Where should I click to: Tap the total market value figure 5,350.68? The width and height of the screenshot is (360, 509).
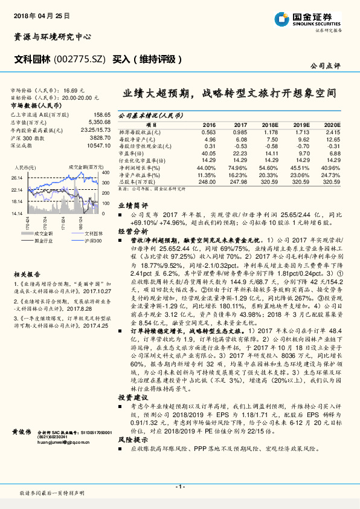(99, 122)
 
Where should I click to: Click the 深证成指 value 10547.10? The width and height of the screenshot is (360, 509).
(98, 146)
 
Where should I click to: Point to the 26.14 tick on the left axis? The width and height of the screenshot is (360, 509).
(16, 178)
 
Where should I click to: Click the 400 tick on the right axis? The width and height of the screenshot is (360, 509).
(106, 173)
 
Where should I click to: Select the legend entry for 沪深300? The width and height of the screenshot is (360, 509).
(81, 241)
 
